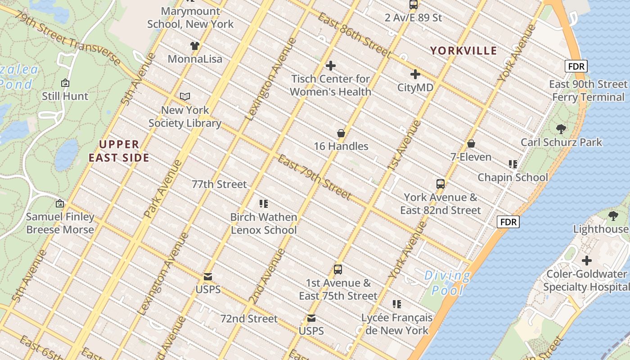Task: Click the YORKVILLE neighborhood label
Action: (463, 50)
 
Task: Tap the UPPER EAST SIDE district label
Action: (119, 151)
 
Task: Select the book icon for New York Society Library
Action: (185, 96)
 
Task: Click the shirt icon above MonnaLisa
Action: (194, 45)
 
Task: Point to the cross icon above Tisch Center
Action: (331, 66)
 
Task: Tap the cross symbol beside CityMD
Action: (415, 74)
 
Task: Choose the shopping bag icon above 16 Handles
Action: (341, 133)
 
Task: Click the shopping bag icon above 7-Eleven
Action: (471, 144)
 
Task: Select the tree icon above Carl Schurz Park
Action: (561, 129)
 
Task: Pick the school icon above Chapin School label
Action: (513, 164)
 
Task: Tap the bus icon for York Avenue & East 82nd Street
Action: (441, 184)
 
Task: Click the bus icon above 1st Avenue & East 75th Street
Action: (338, 270)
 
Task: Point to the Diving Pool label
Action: (447, 283)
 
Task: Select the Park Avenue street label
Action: (162, 189)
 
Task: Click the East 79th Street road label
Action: (314, 176)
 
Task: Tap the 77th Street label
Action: (219, 184)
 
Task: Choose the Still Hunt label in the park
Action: (65, 96)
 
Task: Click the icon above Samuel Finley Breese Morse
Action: (60, 203)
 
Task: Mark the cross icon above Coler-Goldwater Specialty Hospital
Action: (587, 261)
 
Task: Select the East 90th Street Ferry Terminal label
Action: (588, 90)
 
